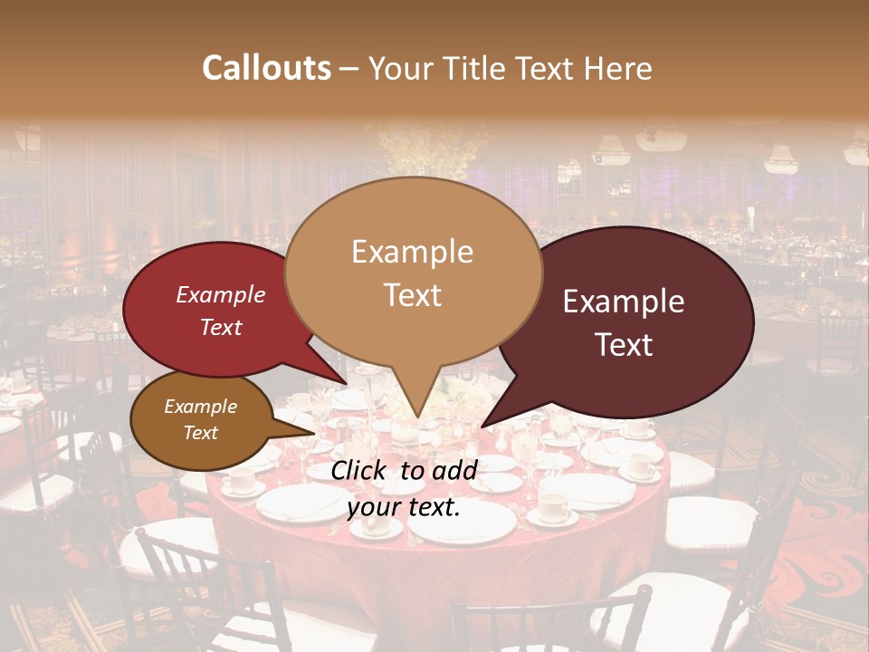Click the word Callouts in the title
tap(266, 68)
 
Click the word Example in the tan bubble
tap(413, 252)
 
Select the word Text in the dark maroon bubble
tap(625, 345)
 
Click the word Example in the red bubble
tap(221, 295)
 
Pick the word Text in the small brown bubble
tap(201, 433)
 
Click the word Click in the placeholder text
tap(360, 470)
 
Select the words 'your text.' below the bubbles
tap(404, 507)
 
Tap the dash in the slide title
tap(349, 68)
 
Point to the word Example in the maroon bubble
tap(624, 302)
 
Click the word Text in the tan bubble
tap(413, 295)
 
